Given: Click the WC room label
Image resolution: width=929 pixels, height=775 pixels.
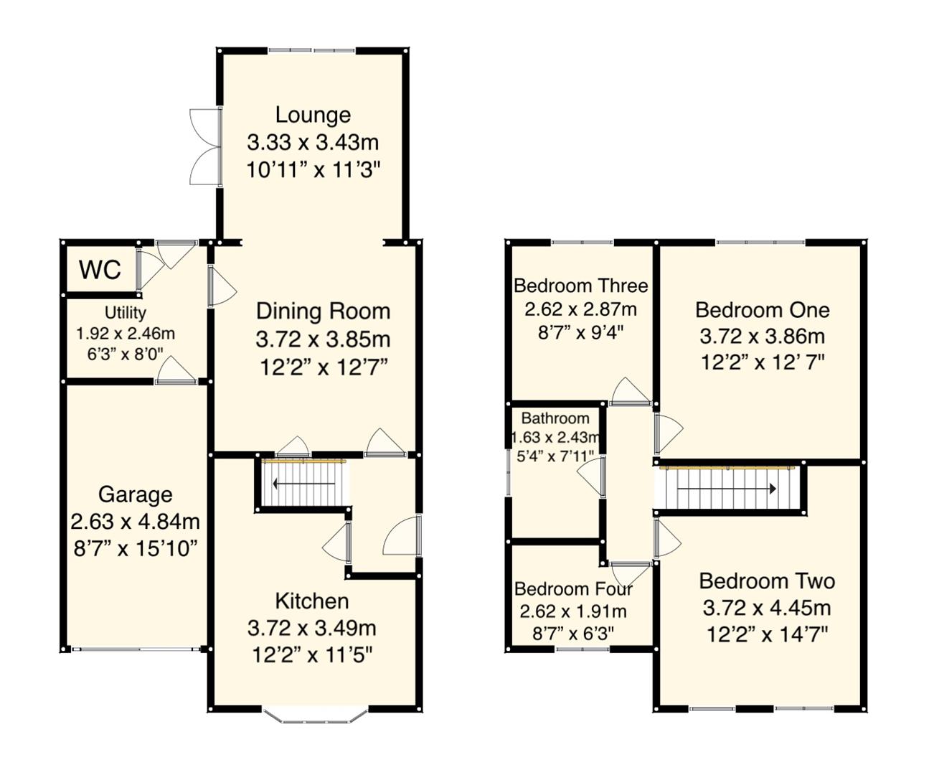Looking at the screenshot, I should tap(100, 270).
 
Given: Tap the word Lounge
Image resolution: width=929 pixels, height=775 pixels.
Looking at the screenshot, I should tap(313, 115).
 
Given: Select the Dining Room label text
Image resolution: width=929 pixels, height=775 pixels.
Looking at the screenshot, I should tap(323, 311).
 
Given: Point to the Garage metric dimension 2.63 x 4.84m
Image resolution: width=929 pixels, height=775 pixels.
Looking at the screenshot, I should tap(135, 522).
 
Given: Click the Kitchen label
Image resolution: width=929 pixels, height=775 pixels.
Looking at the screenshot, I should tap(312, 601).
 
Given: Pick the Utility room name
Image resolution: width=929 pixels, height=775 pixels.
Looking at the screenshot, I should tap(126, 313).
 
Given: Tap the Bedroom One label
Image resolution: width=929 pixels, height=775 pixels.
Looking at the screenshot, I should tap(763, 310).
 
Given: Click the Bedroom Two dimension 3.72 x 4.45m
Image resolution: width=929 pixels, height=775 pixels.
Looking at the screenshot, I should tap(766, 609).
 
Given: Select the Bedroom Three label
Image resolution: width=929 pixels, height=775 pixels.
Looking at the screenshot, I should tap(580, 286).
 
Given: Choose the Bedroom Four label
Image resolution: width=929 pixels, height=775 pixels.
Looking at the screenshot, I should tap(573, 589).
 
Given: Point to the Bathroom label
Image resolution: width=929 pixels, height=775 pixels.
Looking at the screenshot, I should tap(555, 418).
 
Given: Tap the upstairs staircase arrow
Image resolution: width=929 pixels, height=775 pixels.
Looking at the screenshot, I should tap(726, 489).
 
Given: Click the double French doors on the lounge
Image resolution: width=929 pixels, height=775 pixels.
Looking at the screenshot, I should tap(204, 148).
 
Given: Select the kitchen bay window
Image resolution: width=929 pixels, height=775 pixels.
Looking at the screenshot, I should tap(316, 714).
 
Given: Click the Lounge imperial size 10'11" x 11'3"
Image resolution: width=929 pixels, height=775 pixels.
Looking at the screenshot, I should tap(313, 171).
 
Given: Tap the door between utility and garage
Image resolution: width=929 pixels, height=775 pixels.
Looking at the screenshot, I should tap(175, 372).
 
